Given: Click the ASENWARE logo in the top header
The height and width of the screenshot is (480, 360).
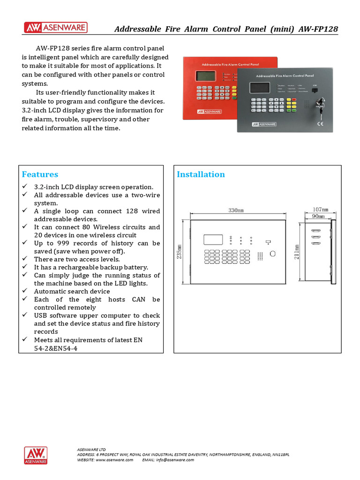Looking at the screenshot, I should (55, 28).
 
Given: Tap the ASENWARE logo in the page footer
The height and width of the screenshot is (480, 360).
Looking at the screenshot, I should (36, 455).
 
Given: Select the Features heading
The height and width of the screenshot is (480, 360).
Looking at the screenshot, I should (40, 174).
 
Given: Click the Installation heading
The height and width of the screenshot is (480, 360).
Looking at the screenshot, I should (201, 174).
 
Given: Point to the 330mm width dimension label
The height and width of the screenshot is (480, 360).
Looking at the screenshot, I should (236, 210).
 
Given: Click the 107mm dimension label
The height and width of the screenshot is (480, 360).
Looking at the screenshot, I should (320, 209).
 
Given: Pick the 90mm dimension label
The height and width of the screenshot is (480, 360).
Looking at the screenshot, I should (318, 216).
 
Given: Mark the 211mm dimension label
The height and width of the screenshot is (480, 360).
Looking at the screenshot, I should (296, 253).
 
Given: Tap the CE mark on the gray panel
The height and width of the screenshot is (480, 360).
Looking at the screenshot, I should (321, 124).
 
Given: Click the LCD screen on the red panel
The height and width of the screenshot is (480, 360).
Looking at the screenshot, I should (206, 76).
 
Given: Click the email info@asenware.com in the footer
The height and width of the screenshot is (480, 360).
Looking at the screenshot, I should (174, 460).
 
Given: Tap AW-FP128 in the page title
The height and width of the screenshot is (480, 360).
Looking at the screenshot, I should (317, 29).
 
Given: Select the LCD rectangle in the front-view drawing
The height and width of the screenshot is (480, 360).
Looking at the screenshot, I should (213, 239).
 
